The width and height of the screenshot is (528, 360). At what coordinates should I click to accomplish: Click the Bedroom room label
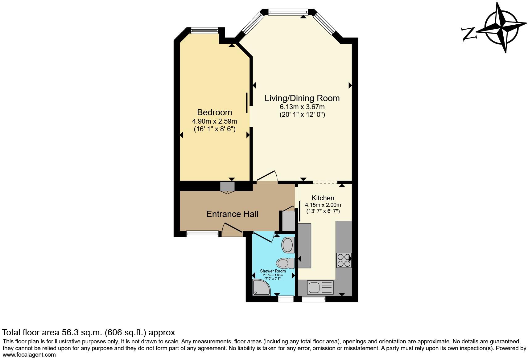(214, 112)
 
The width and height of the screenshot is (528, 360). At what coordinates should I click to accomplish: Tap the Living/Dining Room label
(302, 98)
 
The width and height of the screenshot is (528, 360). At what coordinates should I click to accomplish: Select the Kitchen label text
(323, 198)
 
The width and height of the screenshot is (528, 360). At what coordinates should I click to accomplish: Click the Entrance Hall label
(232, 214)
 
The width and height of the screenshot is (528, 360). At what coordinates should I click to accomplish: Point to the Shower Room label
(273, 271)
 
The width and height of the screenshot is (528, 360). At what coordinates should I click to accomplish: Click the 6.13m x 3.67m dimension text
(302, 107)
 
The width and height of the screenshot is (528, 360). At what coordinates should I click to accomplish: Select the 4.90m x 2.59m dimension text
(214, 121)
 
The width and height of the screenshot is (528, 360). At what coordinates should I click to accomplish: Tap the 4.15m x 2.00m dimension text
(323, 205)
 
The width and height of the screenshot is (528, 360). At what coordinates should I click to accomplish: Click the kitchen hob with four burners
(344, 260)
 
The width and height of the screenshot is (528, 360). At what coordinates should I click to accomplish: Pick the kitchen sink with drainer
(320, 287)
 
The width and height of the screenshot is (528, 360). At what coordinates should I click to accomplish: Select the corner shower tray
(260, 287)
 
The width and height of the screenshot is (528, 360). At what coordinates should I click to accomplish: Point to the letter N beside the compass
(469, 34)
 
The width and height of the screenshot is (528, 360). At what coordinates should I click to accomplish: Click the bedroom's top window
(204, 30)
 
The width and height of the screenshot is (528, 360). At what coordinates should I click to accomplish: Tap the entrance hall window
(202, 234)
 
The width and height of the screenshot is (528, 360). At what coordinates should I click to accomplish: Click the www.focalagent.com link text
(29, 355)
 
